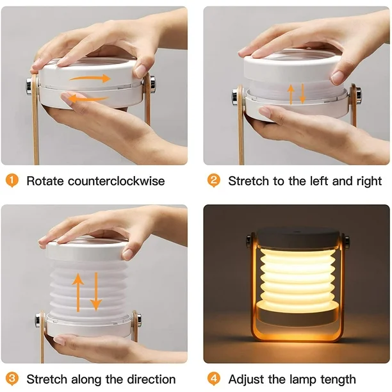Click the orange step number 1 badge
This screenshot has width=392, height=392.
[12, 181]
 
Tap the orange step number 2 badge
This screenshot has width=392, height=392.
[214, 181]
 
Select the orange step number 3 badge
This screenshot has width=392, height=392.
[12, 379]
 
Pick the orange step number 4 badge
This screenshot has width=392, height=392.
[214, 379]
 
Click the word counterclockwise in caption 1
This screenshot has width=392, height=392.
[116, 181]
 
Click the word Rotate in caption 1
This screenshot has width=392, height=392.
[45, 181]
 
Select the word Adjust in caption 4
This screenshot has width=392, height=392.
[246, 380]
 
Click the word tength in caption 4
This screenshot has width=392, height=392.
[338, 380]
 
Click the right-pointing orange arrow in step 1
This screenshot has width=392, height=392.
[90, 79]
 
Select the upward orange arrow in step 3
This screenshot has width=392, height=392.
[78, 293]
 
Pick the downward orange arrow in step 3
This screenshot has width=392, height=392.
[96, 291]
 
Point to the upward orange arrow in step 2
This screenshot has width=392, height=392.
[291, 94]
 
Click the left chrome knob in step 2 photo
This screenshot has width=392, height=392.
[235, 96]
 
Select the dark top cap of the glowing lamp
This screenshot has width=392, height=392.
[297, 237]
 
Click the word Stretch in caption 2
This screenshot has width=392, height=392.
[249, 181]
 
